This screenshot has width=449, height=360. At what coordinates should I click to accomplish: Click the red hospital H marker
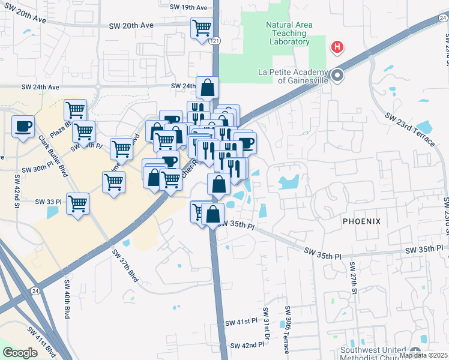[337, 46]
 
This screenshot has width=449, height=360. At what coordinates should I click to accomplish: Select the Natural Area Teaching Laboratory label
[288, 33]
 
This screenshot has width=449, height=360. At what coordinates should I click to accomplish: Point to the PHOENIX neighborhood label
[361, 221]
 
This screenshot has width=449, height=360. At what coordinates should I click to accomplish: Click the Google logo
[20, 353]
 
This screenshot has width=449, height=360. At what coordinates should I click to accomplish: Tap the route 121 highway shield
[215, 40]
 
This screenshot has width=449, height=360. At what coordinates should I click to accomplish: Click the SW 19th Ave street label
[188, 8]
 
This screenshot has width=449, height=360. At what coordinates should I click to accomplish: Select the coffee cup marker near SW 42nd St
[23, 126]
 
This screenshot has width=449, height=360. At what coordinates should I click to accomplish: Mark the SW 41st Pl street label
[241, 322]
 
